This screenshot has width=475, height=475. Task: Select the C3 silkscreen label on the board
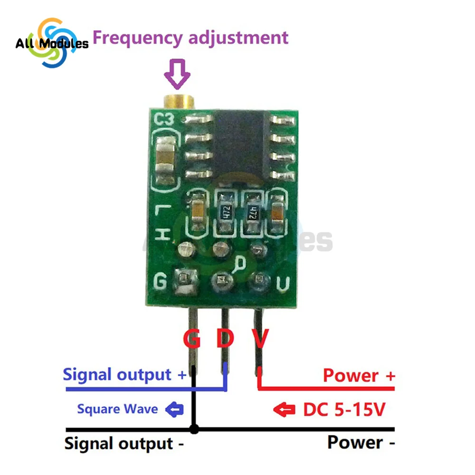(166, 121)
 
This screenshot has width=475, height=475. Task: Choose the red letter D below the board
(225, 339)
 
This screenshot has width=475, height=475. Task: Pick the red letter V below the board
(259, 339)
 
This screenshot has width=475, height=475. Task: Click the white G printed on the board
(161, 282)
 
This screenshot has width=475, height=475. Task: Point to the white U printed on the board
(283, 284)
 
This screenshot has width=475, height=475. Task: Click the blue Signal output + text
(125, 375)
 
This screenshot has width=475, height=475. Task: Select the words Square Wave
(117, 408)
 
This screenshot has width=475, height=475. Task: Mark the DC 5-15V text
(343, 409)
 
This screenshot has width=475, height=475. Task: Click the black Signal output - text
(124, 444)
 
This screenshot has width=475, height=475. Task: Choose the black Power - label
(361, 443)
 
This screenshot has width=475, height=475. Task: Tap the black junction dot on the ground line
(194, 429)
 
